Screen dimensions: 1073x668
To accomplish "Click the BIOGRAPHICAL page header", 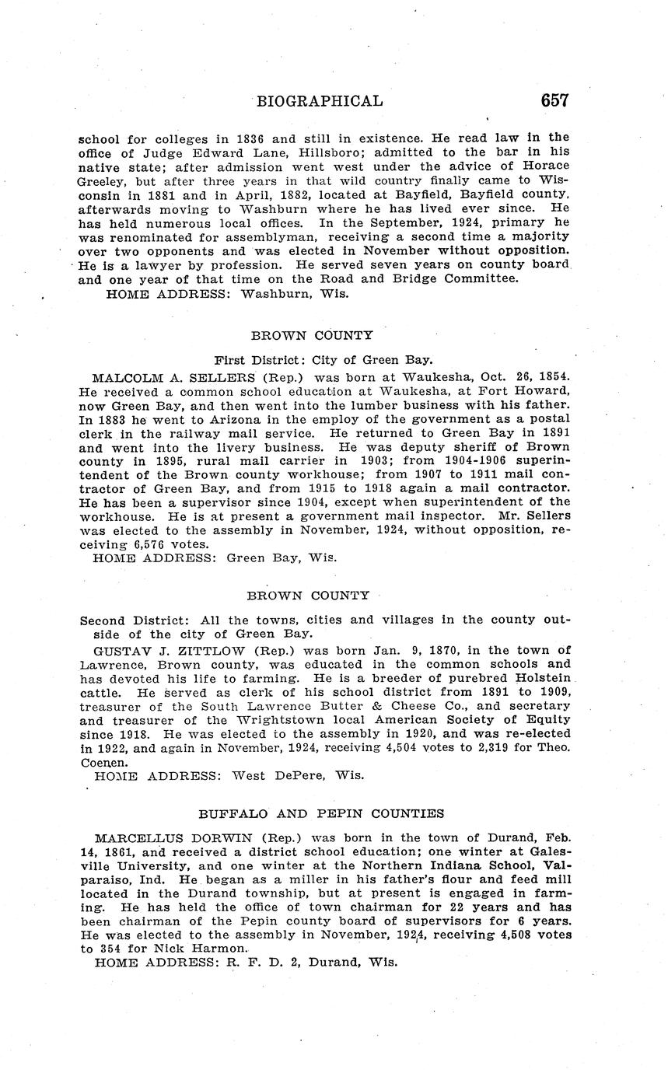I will click(x=320, y=101).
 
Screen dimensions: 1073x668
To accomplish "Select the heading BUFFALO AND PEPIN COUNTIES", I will click(x=321, y=813).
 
